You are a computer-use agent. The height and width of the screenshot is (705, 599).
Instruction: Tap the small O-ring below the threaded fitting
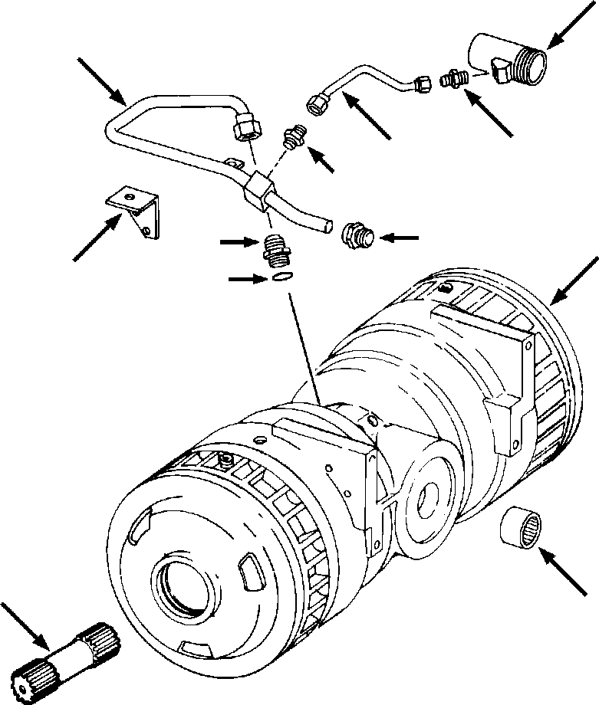point(281,277)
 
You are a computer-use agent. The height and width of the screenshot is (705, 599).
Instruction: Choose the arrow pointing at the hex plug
point(399,238)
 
